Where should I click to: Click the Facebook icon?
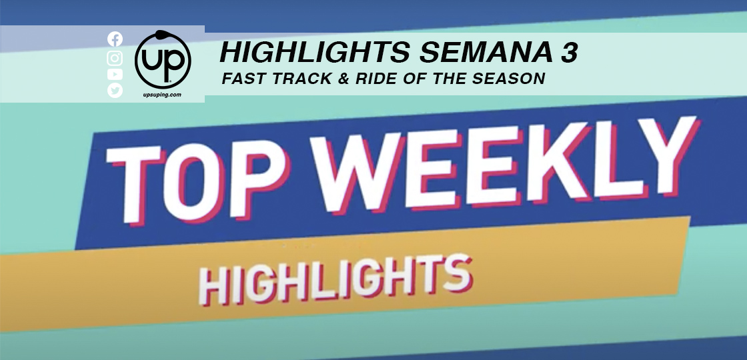(115, 39)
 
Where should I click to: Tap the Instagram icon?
(115, 58)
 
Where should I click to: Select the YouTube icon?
(115, 74)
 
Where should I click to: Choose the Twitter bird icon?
(115, 91)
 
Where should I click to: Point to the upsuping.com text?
(162, 95)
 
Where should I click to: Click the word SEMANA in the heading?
(482, 53)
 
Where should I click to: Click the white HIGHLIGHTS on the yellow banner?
(334, 280)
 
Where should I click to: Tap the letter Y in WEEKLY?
(666, 155)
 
